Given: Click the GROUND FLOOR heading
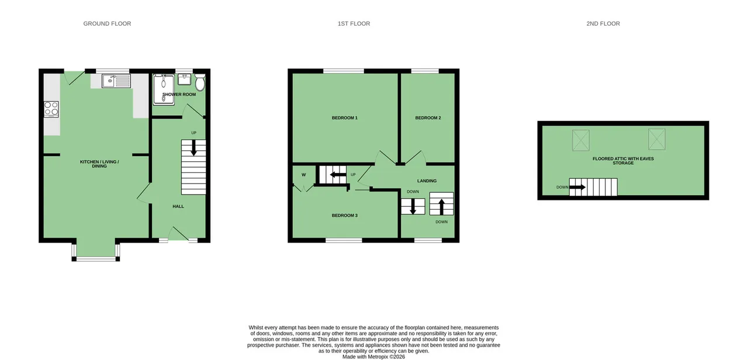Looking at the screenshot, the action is coord(107,24).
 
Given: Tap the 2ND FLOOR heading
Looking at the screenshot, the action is coord(603,24).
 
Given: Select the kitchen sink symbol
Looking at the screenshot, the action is coord(116,81).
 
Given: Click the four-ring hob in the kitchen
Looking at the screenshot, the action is coord(51,109).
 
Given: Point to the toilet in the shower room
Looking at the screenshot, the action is coord(200,82).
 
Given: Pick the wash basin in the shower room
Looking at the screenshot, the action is coord(184,79).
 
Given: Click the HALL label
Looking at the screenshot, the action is coord(178,206).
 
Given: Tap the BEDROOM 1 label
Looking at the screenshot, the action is coord(345,118).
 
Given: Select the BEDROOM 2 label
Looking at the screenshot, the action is coord(428,118).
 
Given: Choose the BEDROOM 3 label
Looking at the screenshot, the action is coord(345,216).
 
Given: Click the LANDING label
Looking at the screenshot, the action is coord(427,181).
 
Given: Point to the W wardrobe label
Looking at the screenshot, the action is coord(303,175).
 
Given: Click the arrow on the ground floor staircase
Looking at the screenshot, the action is coord(193,148).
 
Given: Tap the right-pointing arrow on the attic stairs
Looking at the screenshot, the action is coord(577,187).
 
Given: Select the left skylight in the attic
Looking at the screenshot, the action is coord(581,140).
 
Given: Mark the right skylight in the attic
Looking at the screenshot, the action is coord(657,139).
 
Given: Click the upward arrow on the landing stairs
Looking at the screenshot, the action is coord(441,207).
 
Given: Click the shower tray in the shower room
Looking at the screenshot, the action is coord(164,89).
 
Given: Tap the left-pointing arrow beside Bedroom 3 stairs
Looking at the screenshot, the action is coord(338,175).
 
